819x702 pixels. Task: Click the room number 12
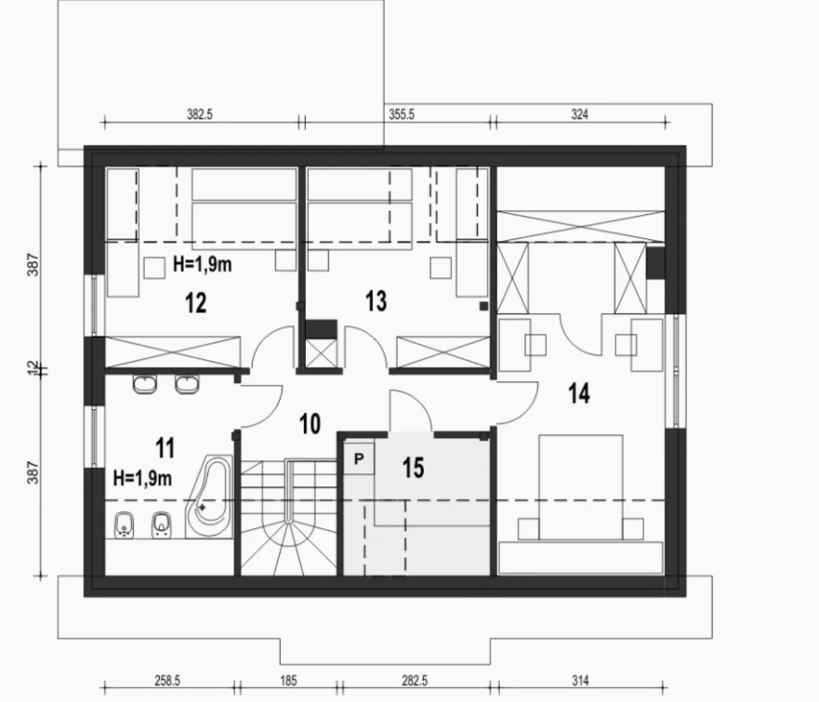point(196,303)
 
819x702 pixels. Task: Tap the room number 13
point(376,301)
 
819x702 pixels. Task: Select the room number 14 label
point(579,393)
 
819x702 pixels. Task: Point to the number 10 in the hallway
point(310,424)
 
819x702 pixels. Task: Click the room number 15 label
point(413,468)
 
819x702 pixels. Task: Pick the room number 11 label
point(165,448)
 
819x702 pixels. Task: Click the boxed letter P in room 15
point(359,458)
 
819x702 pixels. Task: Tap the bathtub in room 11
point(210,497)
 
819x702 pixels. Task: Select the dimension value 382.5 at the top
point(200,114)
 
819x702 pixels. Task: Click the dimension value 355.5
point(402,114)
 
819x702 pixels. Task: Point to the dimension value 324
point(580,114)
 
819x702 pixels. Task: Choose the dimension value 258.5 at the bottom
point(167,681)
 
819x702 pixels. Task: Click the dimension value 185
point(288,681)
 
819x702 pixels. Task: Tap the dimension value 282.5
point(415,681)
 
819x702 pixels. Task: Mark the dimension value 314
point(580,681)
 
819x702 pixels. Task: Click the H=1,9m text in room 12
point(202,265)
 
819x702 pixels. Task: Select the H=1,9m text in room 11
point(142,478)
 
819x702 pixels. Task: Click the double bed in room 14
point(581,487)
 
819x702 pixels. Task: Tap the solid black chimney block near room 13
point(321,329)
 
